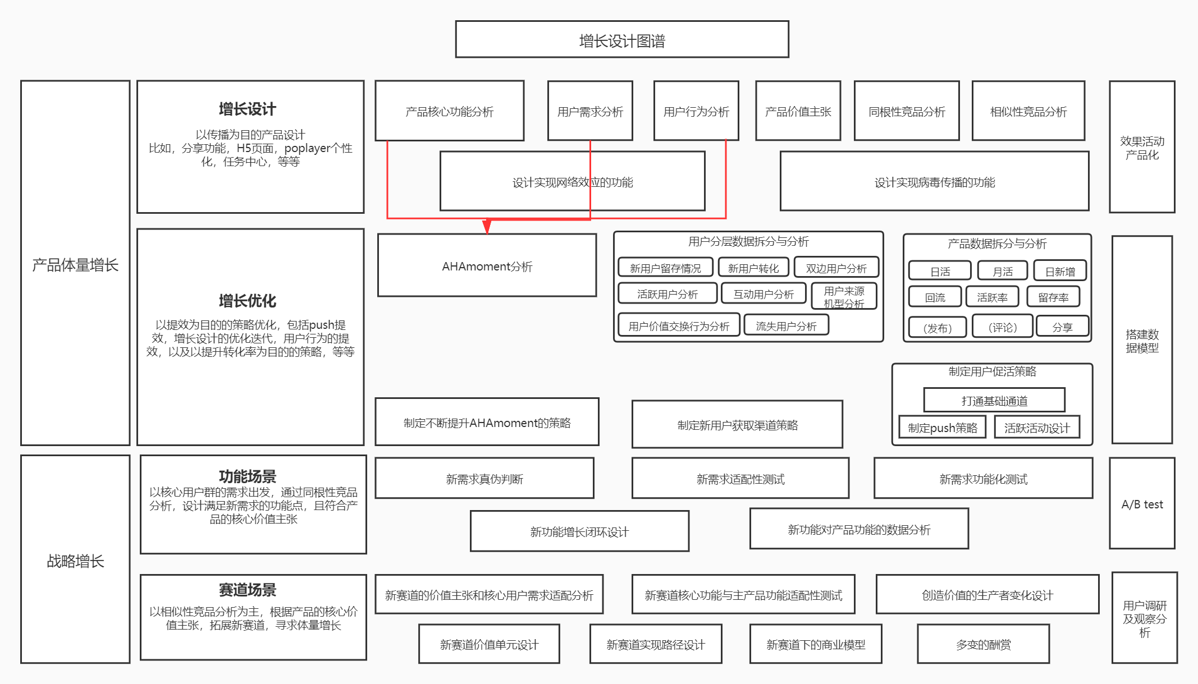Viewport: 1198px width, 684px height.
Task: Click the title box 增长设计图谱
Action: point(622,40)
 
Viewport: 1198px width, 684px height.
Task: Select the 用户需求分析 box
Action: point(590,111)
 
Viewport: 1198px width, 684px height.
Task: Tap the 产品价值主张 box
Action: point(798,111)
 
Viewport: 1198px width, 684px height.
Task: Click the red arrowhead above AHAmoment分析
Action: point(487,226)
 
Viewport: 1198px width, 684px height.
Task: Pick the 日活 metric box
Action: point(940,272)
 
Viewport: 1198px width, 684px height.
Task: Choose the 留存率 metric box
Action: point(1053,297)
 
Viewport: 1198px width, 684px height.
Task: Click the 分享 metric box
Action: point(1062,327)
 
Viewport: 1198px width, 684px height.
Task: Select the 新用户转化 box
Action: point(753,268)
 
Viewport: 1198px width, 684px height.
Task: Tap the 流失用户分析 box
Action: point(786,326)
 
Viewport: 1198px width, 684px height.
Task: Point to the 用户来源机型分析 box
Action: point(844,297)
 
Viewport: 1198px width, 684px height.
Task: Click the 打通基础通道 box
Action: point(994,401)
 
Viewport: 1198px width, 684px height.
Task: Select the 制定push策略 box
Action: point(943,428)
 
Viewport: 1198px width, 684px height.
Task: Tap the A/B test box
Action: point(1142,504)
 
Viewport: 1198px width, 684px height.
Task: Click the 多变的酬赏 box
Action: point(984,644)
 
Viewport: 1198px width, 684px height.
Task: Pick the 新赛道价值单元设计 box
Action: point(489,644)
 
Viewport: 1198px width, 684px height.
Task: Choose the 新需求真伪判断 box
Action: point(484,479)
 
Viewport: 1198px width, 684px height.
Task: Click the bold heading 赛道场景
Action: point(248,590)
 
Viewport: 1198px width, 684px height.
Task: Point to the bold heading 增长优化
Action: point(248,301)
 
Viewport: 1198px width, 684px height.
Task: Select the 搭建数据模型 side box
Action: point(1142,341)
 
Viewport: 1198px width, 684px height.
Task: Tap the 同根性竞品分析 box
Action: point(907,111)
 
